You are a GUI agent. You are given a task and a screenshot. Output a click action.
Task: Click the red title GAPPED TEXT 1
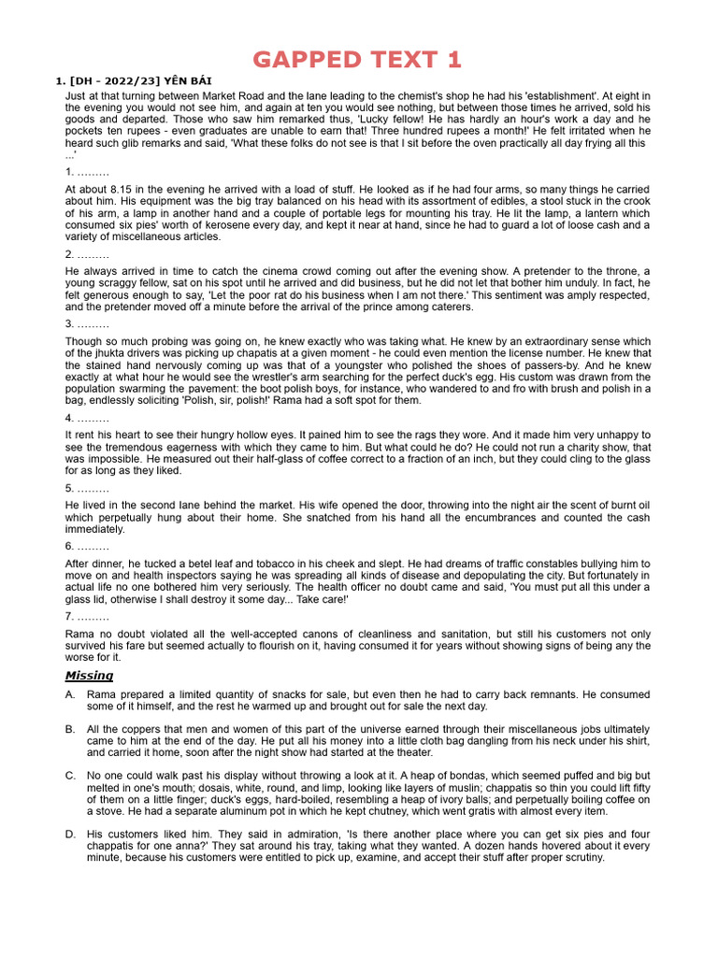pos(358,60)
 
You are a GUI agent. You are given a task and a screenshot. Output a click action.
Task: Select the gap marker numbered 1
pos(87,172)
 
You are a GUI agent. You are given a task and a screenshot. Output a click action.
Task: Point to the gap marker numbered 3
pos(87,323)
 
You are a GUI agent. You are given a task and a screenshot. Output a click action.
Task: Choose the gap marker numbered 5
pos(87,488)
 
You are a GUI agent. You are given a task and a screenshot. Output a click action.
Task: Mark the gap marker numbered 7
pos(87,617)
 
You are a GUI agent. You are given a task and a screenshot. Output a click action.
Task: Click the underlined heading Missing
pos(89,675)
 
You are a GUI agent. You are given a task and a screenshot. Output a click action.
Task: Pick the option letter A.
pos(70,695)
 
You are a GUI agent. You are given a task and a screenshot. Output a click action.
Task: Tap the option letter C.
pos(70,776)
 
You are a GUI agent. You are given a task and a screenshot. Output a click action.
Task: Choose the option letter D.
pos(70,834)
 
